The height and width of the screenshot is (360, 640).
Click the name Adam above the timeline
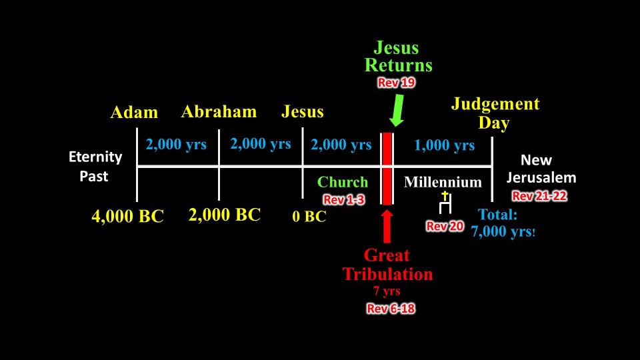[x=134, y=112]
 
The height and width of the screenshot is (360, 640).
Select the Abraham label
[x=219, y=112]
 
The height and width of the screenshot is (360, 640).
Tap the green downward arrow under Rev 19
[x=397, y=110]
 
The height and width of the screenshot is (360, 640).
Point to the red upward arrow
[x=387, y=227]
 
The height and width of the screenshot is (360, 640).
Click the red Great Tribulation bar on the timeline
[x=387, y=168]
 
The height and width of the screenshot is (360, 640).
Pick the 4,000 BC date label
[x=127, y=216]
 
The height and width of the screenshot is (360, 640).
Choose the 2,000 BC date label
[x=225, y=215]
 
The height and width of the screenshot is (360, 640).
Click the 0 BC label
[x=309, y=216]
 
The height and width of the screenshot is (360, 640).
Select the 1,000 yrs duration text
[x=444, y=145]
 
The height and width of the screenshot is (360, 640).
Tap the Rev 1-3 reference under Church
[x=344, y=199]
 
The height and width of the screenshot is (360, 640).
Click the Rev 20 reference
[x=445, y=226]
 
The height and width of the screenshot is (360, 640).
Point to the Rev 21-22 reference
[x=539, y=196]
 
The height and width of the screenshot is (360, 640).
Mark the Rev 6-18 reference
[x=391, y=309]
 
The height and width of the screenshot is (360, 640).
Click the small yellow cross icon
[x=445, y=196]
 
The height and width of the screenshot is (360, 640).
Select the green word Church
[x=343, y=182]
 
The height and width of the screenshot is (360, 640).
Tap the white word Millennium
[x=443, y=182]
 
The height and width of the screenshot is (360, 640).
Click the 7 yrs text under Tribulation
[x=387, y=291]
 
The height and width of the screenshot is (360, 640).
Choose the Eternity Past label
[x=95, y=167]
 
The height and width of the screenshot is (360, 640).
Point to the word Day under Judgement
[x=494, y=123]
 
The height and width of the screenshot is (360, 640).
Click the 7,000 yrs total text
[x=503, y=232]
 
